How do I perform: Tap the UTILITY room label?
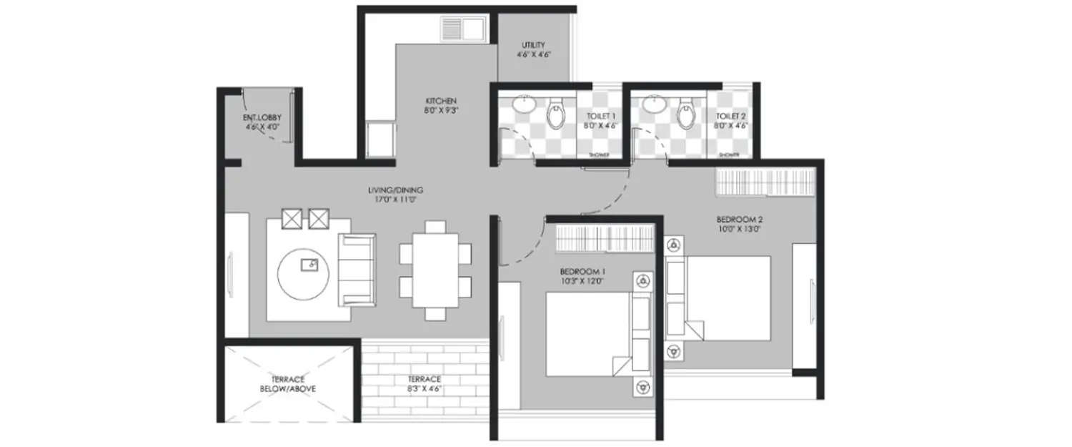(533, 45)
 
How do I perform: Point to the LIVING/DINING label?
(395, 190)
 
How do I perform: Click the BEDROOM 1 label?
(582, 272)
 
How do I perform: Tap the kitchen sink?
(462, 29)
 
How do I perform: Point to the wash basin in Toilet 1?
(525, 104)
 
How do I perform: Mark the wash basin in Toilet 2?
(655, 104)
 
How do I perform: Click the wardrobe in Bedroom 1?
(605, 237)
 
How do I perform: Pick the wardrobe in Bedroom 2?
(765, 182)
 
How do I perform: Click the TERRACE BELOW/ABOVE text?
(287, 383)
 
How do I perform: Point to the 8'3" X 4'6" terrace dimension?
(425, 390)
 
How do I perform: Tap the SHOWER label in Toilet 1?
(599, 155)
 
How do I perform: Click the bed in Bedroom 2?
(719, 297)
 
